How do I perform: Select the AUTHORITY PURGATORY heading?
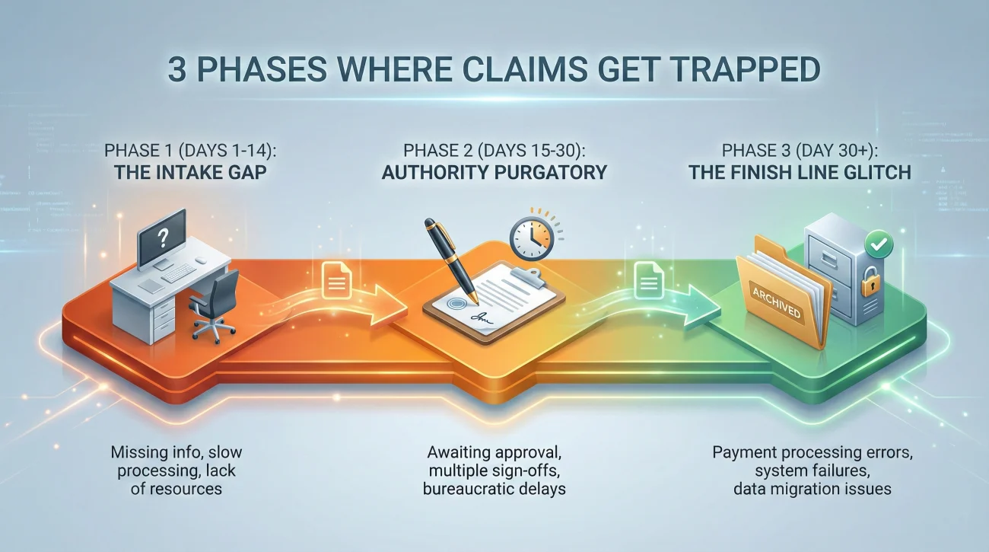[x=494, y=172]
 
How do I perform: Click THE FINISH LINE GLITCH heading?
[x=800, y=172]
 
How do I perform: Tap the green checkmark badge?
[x=879, y=245]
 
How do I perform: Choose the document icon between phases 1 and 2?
[x=335, y=281]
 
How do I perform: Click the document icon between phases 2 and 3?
[x=649, y=282]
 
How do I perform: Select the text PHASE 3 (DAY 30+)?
[x=800, y=148]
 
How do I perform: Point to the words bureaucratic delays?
[x=494, y=488]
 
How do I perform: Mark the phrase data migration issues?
[x=812, y=488]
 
